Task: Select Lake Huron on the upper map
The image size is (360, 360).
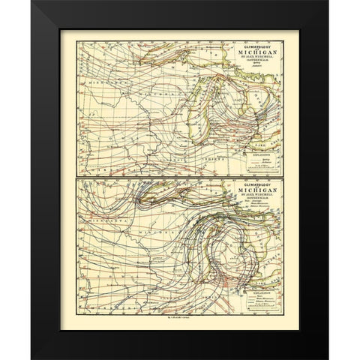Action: (x=240, y=97)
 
